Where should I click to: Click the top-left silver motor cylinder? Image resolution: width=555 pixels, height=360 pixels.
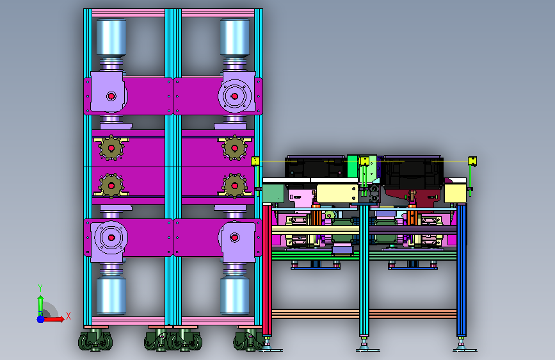coord(111,37)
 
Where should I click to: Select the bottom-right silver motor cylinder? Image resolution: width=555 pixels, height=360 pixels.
coord(235,296)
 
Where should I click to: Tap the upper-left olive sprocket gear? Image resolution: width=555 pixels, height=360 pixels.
coord(111,148)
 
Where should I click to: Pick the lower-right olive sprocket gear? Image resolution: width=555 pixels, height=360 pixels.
coord(234,185)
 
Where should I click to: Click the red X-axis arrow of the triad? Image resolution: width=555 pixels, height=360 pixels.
coord(54,319)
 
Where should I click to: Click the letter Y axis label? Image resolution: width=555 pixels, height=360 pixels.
coord(40,288)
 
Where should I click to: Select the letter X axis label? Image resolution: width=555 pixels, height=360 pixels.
coord(68,316)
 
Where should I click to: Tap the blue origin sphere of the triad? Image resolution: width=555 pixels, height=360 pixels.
coord(41,319)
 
